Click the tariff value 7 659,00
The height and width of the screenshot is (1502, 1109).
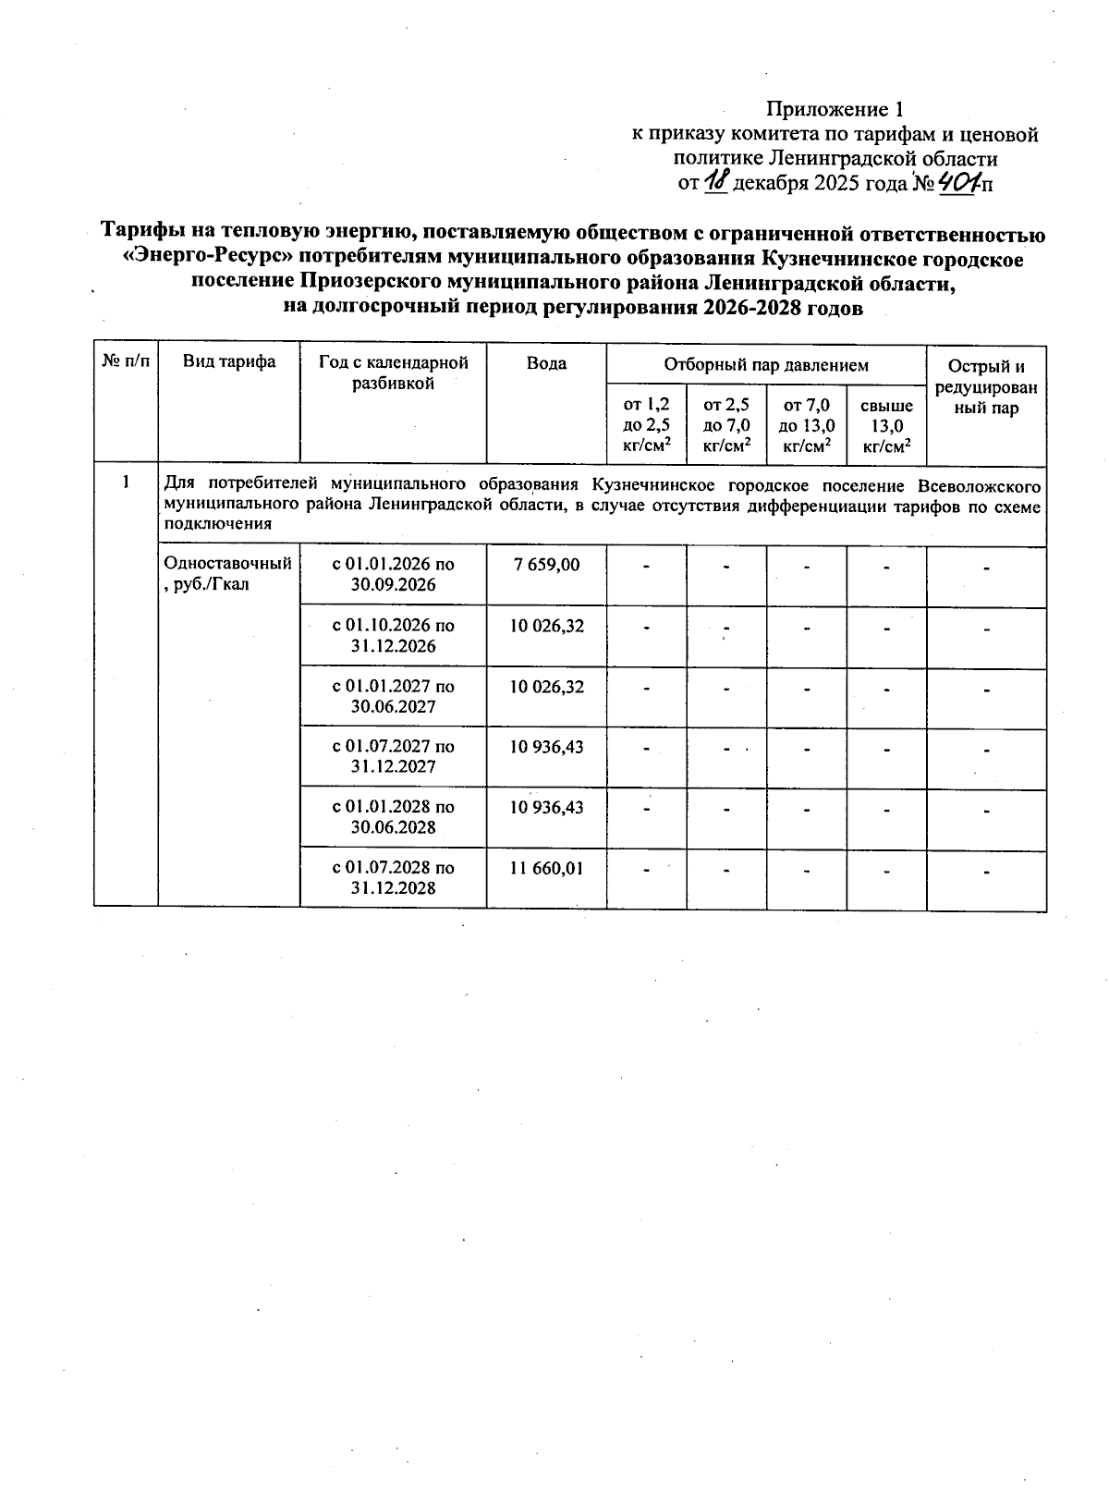point(546,565)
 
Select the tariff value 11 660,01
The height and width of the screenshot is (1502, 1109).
point(546,868)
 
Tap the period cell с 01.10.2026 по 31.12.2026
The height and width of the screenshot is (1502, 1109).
point(393,636)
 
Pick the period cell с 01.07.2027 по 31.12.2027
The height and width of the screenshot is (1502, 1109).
point(393,756)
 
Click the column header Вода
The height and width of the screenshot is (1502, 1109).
point(546,363)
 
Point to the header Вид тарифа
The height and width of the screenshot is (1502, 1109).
point(229,361)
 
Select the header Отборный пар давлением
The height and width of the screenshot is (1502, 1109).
point(766,365)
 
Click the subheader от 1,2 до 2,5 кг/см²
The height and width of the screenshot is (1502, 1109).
point(646,425)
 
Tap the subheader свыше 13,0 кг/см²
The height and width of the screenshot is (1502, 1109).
point(886,425)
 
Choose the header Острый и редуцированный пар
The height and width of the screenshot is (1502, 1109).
point(986,387)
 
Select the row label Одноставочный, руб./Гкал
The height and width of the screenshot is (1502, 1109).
point(227,573)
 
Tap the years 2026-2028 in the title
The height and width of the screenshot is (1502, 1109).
point(755,309)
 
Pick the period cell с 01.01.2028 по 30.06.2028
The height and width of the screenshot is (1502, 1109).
point(393,816)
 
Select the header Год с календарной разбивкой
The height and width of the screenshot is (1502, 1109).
point(393,372)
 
